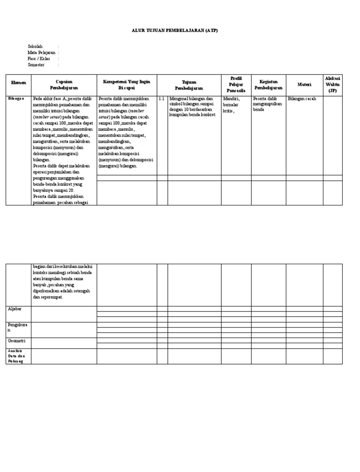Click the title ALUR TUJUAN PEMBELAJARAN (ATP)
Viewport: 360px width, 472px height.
click(174, 30)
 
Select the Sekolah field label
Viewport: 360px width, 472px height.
click(35, 46)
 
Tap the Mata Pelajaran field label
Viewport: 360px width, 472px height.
click(41, 53)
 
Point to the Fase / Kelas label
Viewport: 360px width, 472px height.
click(38, 59)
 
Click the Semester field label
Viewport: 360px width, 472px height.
click(36, 65)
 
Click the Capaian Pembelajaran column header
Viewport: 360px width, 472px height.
click(64, 84)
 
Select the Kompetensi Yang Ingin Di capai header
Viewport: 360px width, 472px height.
click(127, 84)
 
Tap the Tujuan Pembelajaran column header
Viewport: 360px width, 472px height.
click(189, 84)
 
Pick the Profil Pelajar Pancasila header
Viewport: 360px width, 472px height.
click(236, 84)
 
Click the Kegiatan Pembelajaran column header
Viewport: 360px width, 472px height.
click(268, 84)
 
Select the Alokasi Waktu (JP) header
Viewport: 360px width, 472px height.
click(332, 84)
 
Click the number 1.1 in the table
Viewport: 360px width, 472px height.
click(161, 99)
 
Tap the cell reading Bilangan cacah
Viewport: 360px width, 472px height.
click(302, 99)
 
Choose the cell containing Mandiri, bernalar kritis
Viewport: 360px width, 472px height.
click(232, 105)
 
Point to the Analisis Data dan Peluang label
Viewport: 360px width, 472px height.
click(15, 356)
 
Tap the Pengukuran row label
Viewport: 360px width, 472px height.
click(17, 327)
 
